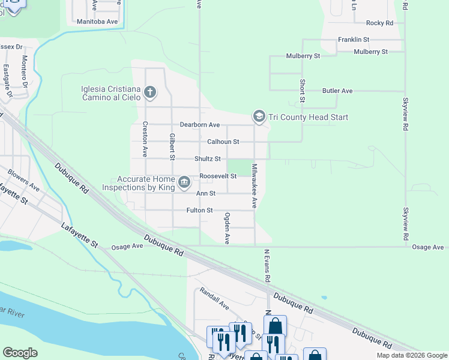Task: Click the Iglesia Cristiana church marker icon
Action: pyautogui.click(x=149, y=92)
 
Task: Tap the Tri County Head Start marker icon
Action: pyautogui.click(x=259, y=116)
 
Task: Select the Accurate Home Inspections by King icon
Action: pyautogui.click(x=184, y=182)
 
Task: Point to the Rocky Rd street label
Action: pyautogui.click(x=379, y=23)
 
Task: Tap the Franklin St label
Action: pyautogui.click(x=354, y=40)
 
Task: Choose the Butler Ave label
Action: pyautogui.click(x=337, y=91)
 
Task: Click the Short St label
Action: pyautogui.click(x=303, y=91)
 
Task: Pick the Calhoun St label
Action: pyautogui.click(x=223, y=142)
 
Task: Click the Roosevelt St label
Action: pyautogui.click(x=218, y=176)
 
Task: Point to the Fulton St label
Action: pyautogui.click(x=200, y=210)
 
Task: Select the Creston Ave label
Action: pyautogui.click(x=145, y=139)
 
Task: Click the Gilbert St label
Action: pyautogui.click(x=172, y=147)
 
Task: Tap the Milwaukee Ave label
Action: pyautogui.click(x=255, y=186)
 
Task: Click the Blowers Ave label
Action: pyautogui.click(x=23, y=181)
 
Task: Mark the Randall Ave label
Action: pyautogui.click(x=215, y=299)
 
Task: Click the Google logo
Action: pyautogui.click(x=20, y=353)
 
